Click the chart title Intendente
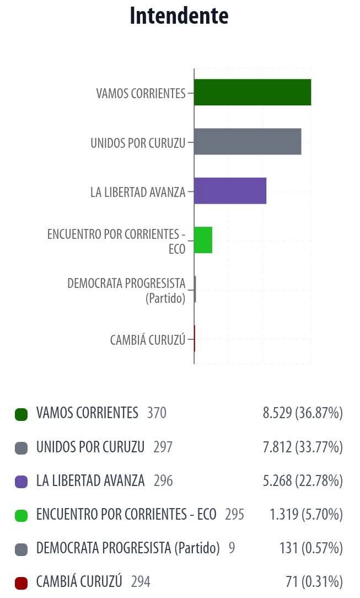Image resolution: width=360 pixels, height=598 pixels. (x=179, y=16)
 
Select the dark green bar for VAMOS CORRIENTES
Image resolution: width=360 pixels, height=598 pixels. (x=252, y=92)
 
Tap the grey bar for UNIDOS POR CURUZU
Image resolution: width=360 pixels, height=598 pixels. (x=248, y=142)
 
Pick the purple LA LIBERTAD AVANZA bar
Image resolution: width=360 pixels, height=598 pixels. (x=230, y=191)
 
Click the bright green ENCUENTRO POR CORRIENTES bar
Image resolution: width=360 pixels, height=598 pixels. (x=203, y=240)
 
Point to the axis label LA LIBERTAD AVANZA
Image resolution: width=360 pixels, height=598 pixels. (x=138, y=192)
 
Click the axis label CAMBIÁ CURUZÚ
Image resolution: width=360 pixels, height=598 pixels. (x=148, y=340)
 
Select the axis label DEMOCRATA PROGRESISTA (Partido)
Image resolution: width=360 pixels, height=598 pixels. (x=127, y=291)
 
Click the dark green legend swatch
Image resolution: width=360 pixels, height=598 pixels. (x=21, y=414)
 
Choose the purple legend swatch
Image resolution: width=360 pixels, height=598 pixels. (x=21, y=482)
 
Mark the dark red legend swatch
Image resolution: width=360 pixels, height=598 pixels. (x=21, y=583)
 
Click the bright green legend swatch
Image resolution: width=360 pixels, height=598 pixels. (x=21, y=515)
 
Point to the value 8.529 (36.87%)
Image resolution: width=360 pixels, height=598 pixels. (x=303, y=413)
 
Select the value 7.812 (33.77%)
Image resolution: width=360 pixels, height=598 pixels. (x=303, y=447)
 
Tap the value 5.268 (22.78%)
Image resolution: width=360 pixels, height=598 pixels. (x=303, y=481)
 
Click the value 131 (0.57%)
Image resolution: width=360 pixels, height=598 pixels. (x=311, y=548)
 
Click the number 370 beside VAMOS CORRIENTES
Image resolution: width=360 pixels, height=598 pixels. (x=157, y=413)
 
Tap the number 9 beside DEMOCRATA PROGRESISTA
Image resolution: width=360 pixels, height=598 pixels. (x=232, y=548)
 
